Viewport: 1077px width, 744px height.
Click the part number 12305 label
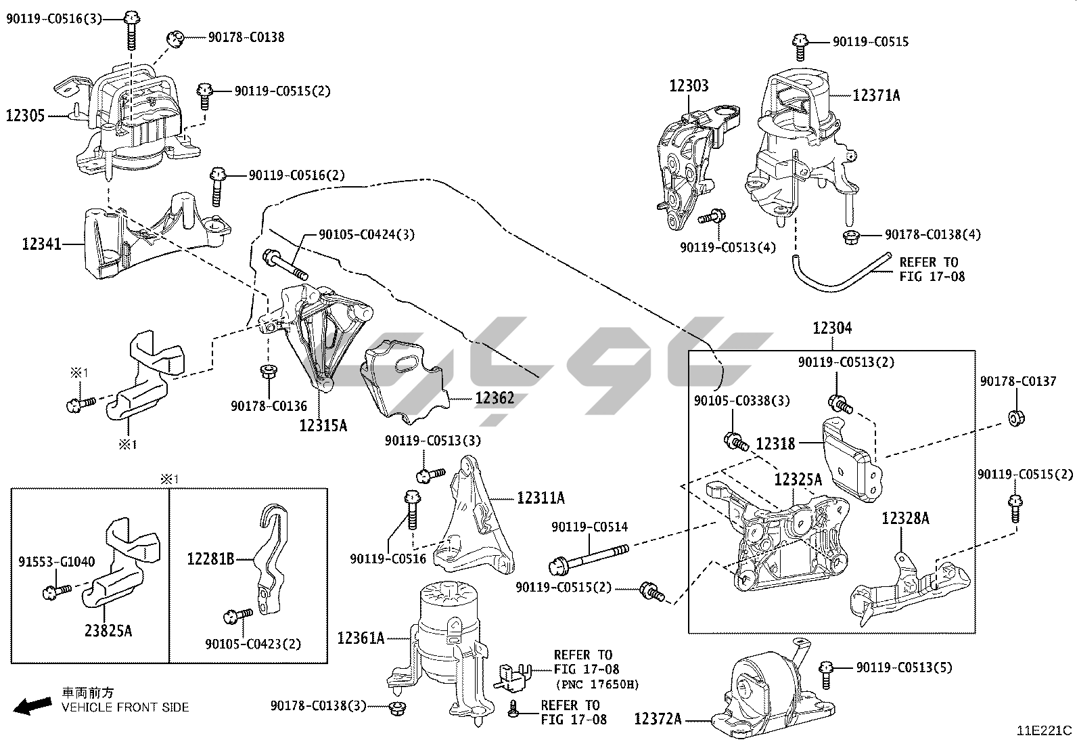point(26,116)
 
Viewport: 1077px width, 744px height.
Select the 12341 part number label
point(41,244)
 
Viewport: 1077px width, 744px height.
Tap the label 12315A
point(323,425)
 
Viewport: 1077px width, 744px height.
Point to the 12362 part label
point(494,397)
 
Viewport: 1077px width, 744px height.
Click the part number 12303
point(689,86)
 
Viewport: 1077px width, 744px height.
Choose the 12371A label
point(876,96)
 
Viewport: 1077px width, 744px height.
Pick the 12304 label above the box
point(832,328)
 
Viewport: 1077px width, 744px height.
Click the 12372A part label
point(658,718)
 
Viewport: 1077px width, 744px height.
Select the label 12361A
point(361,638)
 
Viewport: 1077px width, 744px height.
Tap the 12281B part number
point(210,559)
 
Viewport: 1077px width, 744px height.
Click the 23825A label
point(109,631)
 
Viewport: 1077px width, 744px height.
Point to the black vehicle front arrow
point(32,707)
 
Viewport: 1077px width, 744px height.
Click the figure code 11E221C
point(1045,730)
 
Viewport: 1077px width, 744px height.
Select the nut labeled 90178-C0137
point(1015,417)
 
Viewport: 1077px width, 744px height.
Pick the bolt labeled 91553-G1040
point(56,592)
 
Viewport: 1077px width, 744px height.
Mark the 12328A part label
point(905,519)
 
